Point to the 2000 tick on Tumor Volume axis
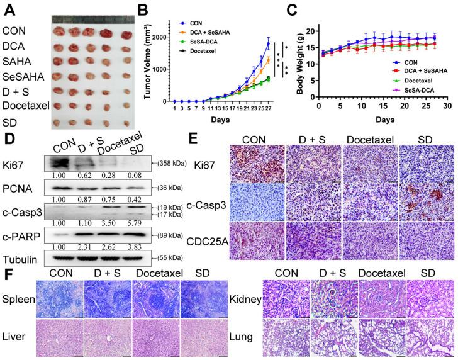pos(162,37)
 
